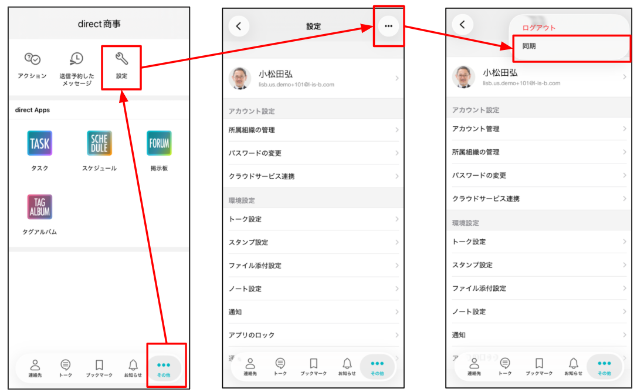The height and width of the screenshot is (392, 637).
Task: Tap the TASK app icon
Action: click(x=39, y=143)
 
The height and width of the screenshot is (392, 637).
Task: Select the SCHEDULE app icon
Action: click(x=99, y=143)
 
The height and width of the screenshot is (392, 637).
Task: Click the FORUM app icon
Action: click(x=159, y=143)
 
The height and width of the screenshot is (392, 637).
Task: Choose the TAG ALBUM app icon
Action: click(x=39, y=207)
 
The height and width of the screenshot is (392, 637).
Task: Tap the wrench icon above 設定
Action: click(x=121, y=59)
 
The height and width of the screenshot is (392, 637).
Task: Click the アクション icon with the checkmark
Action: click(x=32, y=59)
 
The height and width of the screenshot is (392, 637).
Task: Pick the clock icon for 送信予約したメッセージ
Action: click(x=76, y=59)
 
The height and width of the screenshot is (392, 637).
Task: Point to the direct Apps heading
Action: click(x=32, y=110)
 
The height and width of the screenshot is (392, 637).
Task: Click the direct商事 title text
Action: click(x=99, y=24)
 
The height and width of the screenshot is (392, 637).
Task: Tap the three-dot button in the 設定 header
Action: click(x=388, y=26)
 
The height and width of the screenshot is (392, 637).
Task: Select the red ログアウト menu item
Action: click(x=538, y=28)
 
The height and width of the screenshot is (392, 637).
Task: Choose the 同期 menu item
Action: click(x=529, y=46)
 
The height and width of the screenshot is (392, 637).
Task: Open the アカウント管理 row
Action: click(x=476, y=129)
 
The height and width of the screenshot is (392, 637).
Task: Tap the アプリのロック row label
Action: click(x=252, y=335)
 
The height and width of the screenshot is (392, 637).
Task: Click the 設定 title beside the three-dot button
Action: click(x=313, y=26)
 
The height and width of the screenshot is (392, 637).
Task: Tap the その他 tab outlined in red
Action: click(x=164, y=368)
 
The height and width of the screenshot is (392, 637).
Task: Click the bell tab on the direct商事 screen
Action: click(x=133, y=368)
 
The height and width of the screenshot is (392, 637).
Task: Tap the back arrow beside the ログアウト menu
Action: click(x=462, y=25)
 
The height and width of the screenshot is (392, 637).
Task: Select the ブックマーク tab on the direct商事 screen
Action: click(x=99, y=368)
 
